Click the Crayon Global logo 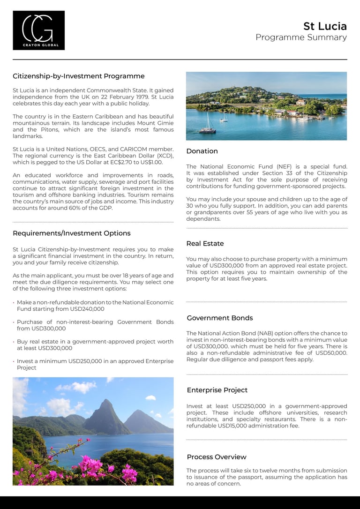tap(38, 30)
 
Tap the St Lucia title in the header tap(325, 26)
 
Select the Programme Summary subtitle tap(301, 37)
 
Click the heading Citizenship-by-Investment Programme tap(78, 76)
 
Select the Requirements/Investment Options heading tap(71, 233)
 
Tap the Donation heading tap(202, 151)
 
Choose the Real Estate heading tap(205, 243)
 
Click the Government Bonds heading tap(220, 318)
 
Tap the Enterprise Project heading tap(217, 390)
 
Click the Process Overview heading tap(217, 457)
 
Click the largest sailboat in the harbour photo tap(207, 125)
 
